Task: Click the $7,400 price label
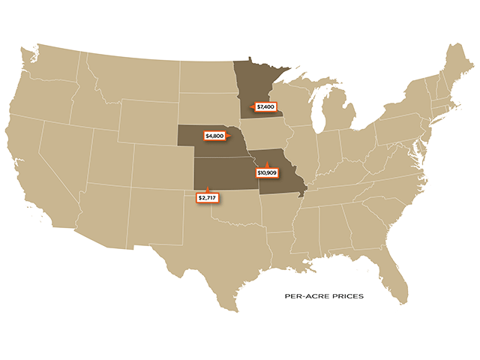click(x=266, y=106)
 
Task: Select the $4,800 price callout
click(x=215, y=136)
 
